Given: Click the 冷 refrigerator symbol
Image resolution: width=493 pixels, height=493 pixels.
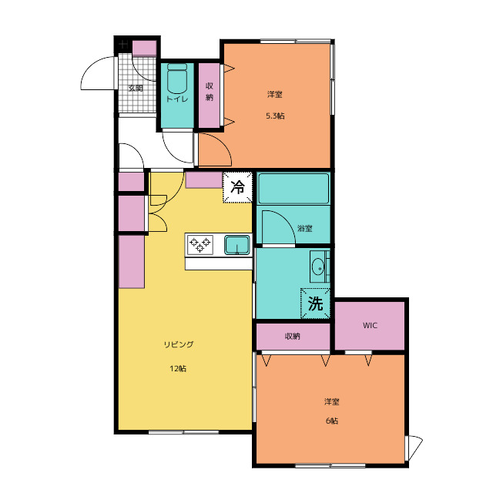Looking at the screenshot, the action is pyautogui.click(x=238, y=187).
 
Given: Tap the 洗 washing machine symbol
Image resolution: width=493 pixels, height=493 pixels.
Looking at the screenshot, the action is pyautogui.click(x=315, y=304).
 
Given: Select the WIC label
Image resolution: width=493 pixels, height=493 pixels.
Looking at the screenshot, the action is pyautogui.click(x=370, y=325).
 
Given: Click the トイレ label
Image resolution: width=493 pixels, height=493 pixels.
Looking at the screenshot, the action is pyautogui.click(x=177, y=99).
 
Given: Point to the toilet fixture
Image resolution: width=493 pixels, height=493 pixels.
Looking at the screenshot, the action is pyautogui.click(x=177, y=79).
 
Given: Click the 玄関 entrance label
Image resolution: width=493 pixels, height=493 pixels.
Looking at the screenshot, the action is pyautogui.click(x=136, y=89).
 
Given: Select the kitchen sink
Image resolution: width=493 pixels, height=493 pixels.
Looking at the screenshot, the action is pyautogui.click(x=237, y=245).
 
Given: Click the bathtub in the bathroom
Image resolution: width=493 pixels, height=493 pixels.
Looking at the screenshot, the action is pyautogui.click(x=293, y=189).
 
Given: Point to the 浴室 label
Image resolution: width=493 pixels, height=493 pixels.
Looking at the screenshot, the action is pyautogui.click(x=305, y=229).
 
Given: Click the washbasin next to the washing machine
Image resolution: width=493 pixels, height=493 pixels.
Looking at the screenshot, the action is pyautogui.click(x=318, y=267).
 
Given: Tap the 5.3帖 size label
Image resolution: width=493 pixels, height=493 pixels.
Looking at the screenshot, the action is pyautogui.click(x=275, y=116).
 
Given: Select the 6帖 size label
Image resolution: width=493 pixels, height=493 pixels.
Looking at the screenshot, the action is pyautogui.click(x=332, y=421).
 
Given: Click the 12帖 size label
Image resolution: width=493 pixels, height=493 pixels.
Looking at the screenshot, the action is pyautogui.click(x=178, y=368).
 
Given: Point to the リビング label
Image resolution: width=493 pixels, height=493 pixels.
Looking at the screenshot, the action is pyautogui.click(x=178, y=344).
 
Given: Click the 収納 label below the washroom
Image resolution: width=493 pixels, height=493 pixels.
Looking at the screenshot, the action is pyautogui.click(x=293, y=336).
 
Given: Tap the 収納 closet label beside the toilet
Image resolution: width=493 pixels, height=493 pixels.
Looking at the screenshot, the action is pyautogui.click(x=210, y=92).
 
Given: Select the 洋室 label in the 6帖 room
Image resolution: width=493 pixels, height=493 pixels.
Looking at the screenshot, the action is pyautogui.click(x=332, y=401).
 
